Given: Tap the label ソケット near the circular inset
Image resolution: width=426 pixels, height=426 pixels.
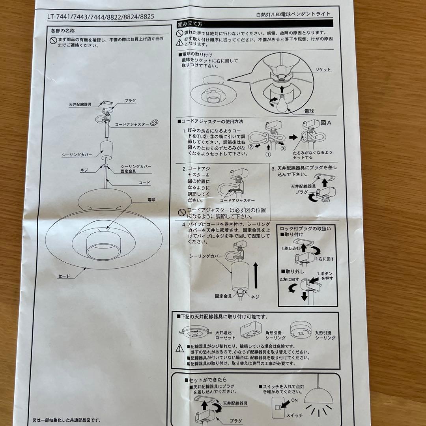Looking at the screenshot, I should coord(323,69).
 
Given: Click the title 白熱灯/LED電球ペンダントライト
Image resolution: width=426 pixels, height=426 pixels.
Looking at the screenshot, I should coord(293,14).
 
